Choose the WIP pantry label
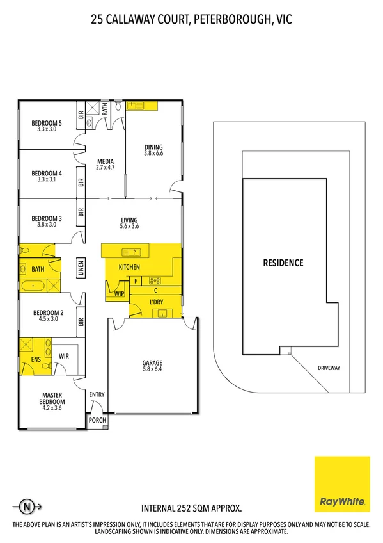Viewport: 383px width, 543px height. click(x=119, y=294)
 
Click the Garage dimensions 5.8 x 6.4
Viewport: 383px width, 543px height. click(x=152, y=369)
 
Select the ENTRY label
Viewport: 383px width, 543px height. click(x=97, y=394)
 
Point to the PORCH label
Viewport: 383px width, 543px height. click(x=97, y=420)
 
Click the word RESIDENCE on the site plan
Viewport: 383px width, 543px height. click(x=282, y=263)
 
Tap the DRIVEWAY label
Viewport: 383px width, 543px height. click(x=332, y=368)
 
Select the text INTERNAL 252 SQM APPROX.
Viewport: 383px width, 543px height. click(x=191, y=508)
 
